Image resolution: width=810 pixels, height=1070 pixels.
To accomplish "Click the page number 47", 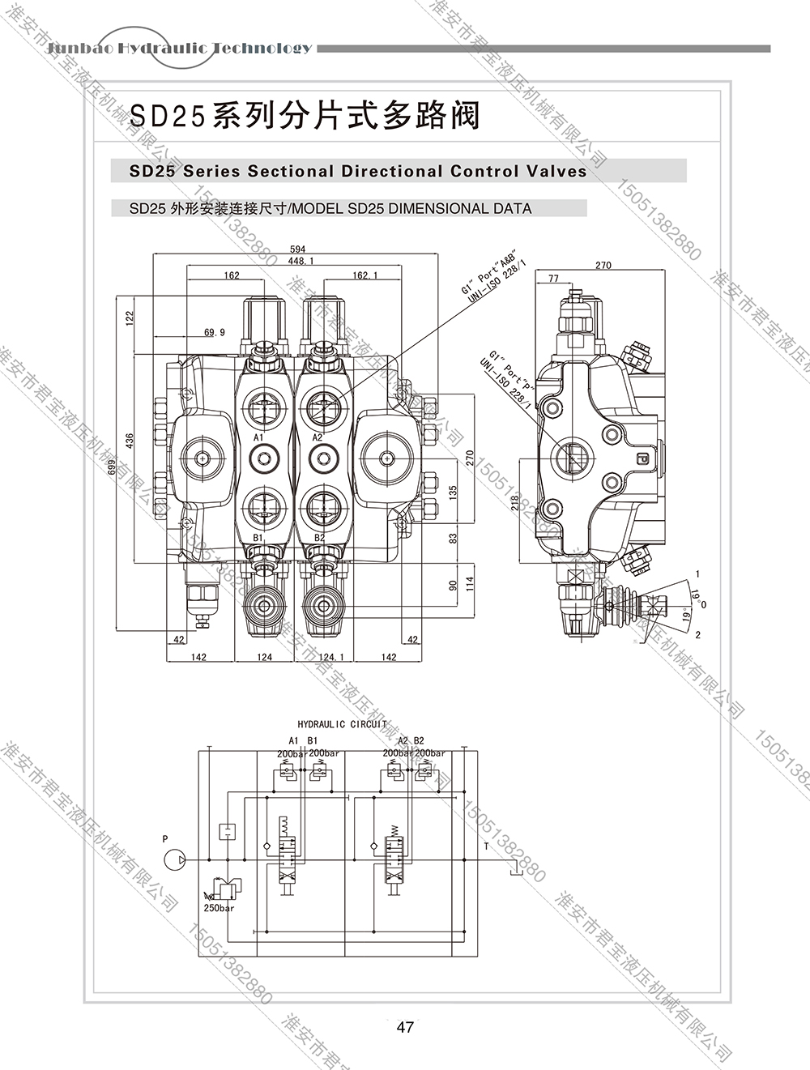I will pyautogui.click(x=405, y=1027).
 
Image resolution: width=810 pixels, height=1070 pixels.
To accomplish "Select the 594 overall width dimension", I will pyautogui.click(x=297, y=250).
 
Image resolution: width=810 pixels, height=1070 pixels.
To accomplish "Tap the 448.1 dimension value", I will pyautogui.click(x=301, y=261).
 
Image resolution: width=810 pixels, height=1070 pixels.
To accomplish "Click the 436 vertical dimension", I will pyautogui.click(x=130, y=441).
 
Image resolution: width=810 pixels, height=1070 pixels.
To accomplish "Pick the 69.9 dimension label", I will pyautogui.click(x=215, y=332).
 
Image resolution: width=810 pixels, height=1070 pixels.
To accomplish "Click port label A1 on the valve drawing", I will pyautogui.click(x=259, y=437).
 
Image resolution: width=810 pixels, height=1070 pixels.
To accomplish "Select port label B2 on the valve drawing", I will pyautogui.click(x=319, y=537).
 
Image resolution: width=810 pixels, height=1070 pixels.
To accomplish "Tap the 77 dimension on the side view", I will pyautogui.click(x=553, y=279).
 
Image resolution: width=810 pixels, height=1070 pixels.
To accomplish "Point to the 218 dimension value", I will pyautogui.click(x=515, y=503).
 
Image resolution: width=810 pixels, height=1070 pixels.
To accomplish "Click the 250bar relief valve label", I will pyautogui.click(x=219, y=908).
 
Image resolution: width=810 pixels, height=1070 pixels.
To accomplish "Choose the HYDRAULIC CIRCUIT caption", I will pyautogui.click(x=342, y=724).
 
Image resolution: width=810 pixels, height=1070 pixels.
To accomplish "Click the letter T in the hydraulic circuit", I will pyautogui.click(x=486, y=846).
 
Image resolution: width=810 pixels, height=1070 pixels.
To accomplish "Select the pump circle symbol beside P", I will pyautogui.click(x=173, y=859).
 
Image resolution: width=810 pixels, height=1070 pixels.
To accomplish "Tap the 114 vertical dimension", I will pyautogui.click(x=468, y=583).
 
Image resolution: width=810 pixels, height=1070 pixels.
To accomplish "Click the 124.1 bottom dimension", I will pyautogui.click(x=330, y=657).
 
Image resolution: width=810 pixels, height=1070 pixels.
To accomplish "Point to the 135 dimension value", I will pyautogui.click(x=453, y=492).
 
